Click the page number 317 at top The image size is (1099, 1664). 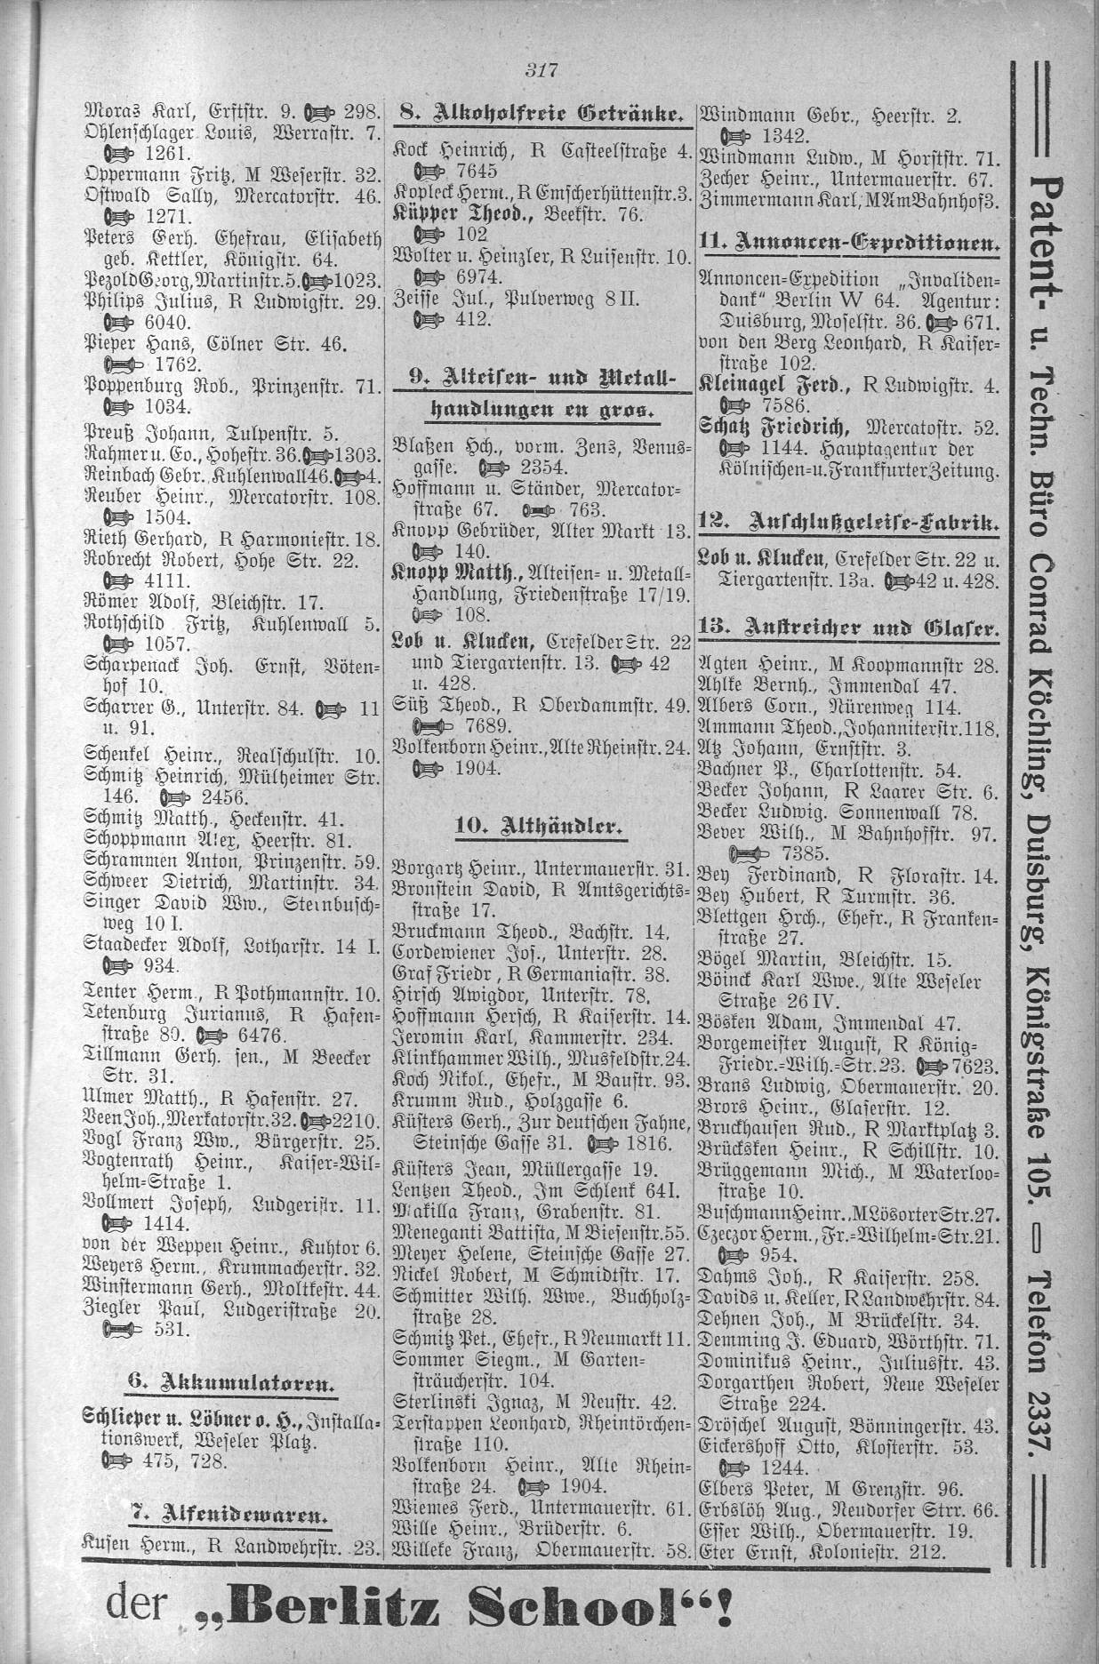point(540,71)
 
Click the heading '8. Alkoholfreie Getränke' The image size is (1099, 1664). point(541,113)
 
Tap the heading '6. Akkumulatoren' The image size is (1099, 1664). point(229,1382)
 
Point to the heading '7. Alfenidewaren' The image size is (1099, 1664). point(229,1512)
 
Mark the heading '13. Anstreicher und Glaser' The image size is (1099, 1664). point(850,628)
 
